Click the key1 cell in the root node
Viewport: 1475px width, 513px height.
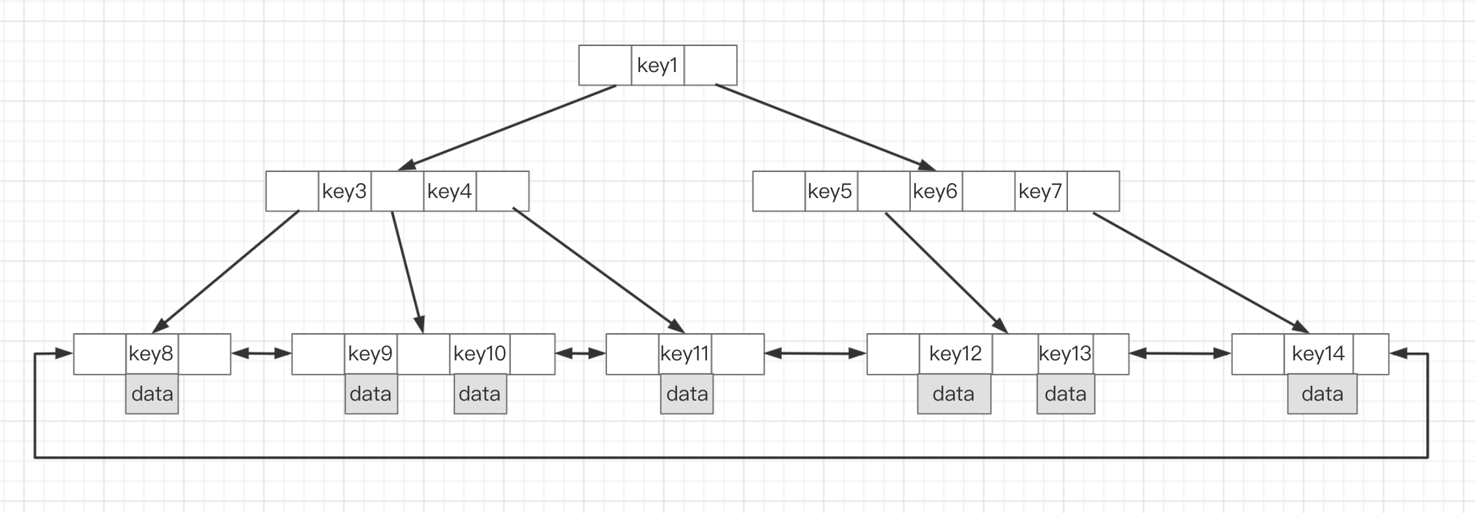click(x=658, y=65)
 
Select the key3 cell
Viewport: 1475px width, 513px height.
click(x=345, y=191)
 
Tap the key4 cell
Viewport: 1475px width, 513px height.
click(x=450, y=191)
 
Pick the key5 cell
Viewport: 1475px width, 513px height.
click(x=831, y=191)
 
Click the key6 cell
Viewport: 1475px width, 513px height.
click(x=936, y=191)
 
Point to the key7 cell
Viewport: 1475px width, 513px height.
click(x=1041, y=191)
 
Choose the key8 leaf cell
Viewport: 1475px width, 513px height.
click(x=152, y=354)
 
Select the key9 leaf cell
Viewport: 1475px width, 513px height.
click(x=371, y=354)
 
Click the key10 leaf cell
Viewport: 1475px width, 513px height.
click(x=480, y=354)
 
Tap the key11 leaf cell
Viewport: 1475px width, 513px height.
click(x=685, y=354)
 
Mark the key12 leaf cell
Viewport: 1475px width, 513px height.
click(x=956, y=354)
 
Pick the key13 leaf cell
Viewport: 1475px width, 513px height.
click(x=1065, y=354)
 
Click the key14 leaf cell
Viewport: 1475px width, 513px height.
click(x=1319, y=354)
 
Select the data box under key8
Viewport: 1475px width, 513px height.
click(x=152, y=394)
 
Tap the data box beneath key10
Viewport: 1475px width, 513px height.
click(x=480, y=394)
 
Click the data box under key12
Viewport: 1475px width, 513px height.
click(x=954, y=394)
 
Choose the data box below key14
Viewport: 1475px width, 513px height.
click(x=1322, y=394)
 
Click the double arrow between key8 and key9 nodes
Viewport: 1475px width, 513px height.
click(x=262, y=354)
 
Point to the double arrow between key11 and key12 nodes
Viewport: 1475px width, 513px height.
click(x=815, y=354)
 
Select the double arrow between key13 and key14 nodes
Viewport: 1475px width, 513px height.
click(x=1180, y=354)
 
